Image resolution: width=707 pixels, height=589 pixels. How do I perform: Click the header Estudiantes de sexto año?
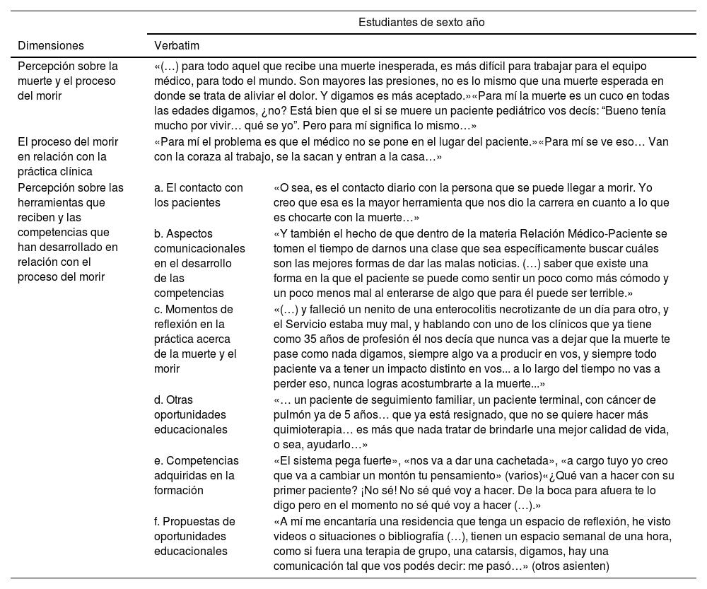(x=421, y=22)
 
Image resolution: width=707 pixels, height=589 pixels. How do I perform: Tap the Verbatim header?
(x=177, y=45)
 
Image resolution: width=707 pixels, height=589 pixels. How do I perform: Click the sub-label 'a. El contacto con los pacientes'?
(x=199, y=195)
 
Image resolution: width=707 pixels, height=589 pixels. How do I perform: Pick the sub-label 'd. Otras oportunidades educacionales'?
(x=191, y=414)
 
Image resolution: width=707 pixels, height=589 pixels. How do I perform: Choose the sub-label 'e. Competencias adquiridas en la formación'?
(x=197, y=475)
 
